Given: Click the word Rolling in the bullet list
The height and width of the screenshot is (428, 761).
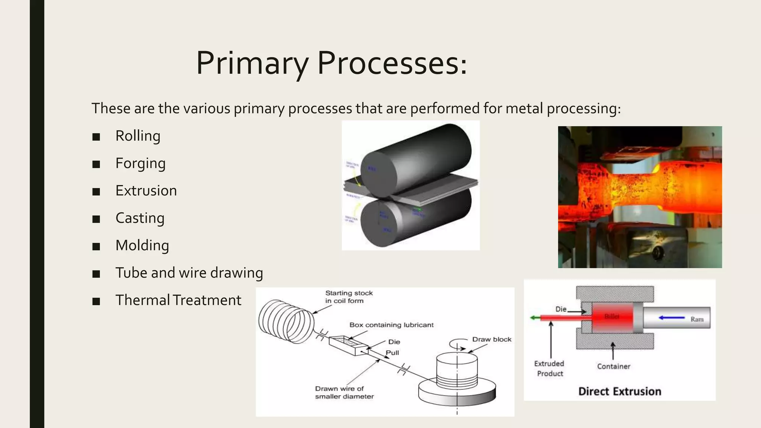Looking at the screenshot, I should (138, 136).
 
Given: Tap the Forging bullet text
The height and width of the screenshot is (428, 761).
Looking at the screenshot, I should (140, 163).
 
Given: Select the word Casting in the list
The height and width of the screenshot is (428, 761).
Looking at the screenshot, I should (140, 218).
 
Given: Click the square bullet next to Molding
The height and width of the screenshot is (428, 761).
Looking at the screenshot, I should (96, 246).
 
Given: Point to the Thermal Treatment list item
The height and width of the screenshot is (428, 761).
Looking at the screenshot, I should (178, 300).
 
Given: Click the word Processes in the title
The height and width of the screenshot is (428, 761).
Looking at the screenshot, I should (392, 63).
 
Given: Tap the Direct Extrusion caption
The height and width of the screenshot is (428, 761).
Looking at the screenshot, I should (619, 391).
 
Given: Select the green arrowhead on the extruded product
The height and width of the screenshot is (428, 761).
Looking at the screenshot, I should (533, 318).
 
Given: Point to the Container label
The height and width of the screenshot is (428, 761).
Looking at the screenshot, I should (613, 366).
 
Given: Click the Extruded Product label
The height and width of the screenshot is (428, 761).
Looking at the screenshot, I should (549, 369).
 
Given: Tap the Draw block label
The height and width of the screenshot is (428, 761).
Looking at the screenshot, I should (492, 339).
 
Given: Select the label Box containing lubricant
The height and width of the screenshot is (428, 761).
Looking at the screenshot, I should (391, 325).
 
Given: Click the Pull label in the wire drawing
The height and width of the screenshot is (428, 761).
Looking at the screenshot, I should (392, 353).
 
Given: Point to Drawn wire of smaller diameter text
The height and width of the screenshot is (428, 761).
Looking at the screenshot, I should (344, 392).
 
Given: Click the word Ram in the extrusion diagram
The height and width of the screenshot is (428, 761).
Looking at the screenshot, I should (697, 319).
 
